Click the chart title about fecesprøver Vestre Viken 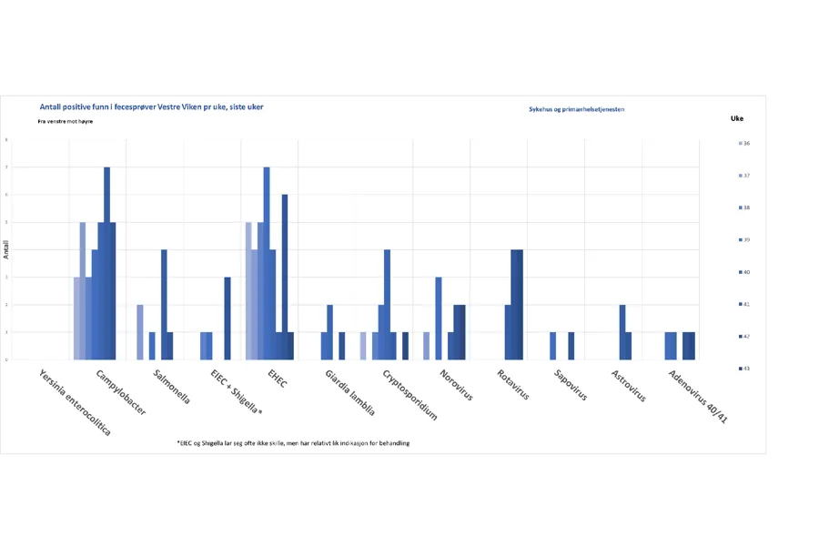pos(151,107)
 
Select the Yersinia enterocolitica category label pos(76,401)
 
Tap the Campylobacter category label pos(121,392)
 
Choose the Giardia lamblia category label pos(349,392)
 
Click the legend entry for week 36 pos(745,144)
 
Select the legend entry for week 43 pos(745,369)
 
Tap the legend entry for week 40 pos(745,272)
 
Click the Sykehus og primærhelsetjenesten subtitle pos(576,109)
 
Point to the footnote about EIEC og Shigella pos(292,443)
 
